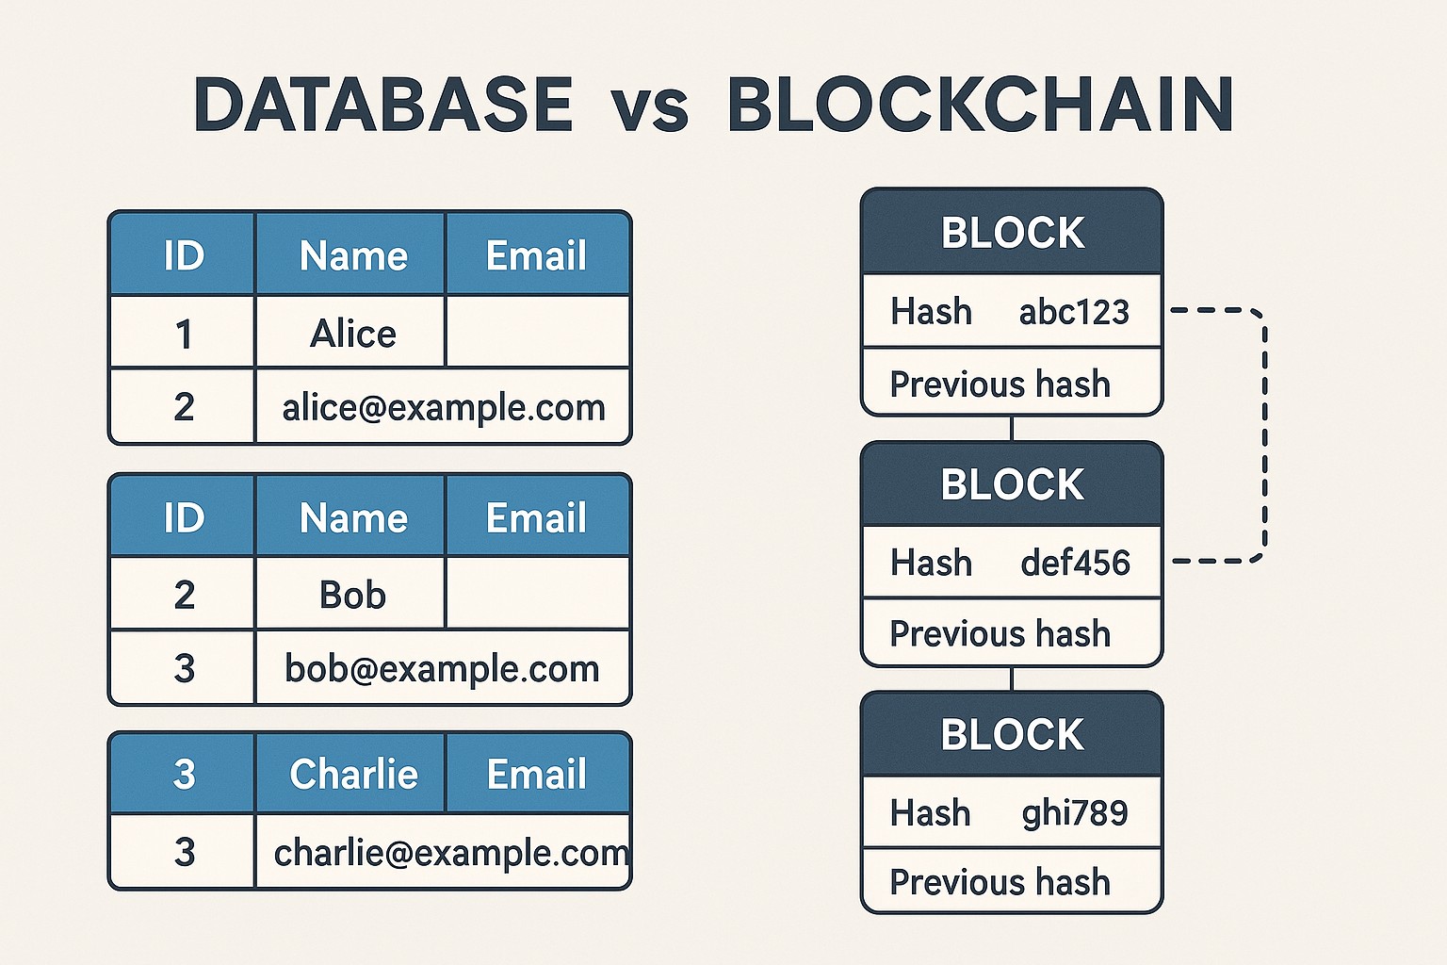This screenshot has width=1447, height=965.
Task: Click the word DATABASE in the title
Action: click(382, 104)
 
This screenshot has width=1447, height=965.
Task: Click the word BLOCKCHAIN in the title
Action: click(980, 104)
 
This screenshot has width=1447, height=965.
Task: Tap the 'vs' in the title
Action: click(649, 107)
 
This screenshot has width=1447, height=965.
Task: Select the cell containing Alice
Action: click(352, 334)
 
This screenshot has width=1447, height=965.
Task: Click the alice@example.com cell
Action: click(443, 407)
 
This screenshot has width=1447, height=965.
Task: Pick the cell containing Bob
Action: click(352, 595)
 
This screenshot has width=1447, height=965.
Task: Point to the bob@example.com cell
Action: click(442, 668)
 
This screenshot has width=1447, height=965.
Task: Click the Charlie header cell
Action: click(352, 774)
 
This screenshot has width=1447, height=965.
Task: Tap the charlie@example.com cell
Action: click(443, 853)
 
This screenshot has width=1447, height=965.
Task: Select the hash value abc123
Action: click(1074, 312)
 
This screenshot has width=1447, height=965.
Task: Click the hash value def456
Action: click(1075, 563)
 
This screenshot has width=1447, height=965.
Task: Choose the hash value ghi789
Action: click(1075, 812)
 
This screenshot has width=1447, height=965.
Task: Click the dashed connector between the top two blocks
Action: click(1264, 433)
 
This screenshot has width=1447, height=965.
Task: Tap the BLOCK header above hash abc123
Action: click(1013, 233)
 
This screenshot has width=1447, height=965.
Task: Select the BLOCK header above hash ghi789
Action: click(1013, 735)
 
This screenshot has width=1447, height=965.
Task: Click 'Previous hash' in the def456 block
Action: click(1000, 633)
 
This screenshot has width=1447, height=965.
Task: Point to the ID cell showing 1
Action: click(184, 334)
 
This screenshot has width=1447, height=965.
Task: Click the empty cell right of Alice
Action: click(537, 332)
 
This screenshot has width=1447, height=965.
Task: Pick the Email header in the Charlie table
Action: click(537, 774)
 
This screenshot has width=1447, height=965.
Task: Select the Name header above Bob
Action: click(352, 517)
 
